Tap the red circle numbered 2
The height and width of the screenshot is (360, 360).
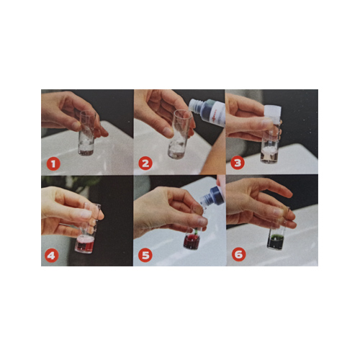point(145,163)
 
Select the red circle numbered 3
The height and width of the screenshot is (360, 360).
point(238,163)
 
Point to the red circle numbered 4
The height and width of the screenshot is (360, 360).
point(51,256)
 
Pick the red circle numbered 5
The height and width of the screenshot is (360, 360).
point(145,255)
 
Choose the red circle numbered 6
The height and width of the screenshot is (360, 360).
point(238,254)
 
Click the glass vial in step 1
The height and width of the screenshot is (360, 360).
point(87,133)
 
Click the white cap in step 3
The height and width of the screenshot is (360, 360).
point(273,111)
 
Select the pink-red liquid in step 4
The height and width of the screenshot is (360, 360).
point(84,244)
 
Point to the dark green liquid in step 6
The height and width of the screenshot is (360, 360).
point(276,242)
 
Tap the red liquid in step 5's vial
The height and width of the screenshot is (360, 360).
point(192,241)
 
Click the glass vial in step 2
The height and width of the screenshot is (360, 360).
point(179,135)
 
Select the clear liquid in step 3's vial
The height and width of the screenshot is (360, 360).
point(269,154)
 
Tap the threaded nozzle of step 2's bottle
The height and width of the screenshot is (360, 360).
point(194,105)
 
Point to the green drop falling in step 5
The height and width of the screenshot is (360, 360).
point(197,231)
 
